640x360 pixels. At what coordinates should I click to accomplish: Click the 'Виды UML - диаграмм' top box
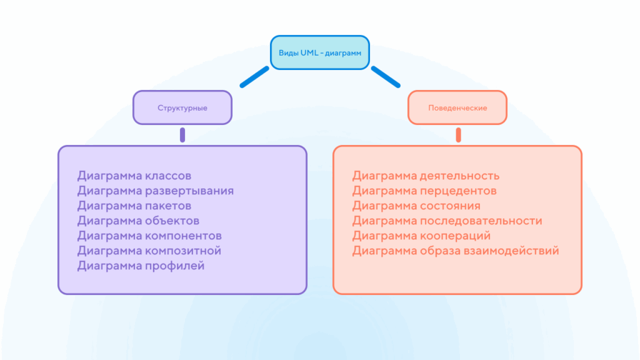[x=319, y=52]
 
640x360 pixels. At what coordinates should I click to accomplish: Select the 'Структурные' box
[x=182, y=107]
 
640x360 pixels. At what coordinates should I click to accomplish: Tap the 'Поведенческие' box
[x=457, y=107]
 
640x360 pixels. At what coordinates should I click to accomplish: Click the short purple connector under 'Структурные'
[x=182, y=135]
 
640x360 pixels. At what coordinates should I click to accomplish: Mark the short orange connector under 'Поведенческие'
[x=458, y=135]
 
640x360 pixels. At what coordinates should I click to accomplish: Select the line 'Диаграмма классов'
[x=134, y=176]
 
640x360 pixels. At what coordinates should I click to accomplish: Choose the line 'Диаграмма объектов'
[x=138, y=221]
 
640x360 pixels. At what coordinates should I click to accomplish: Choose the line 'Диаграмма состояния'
[x=416, y=206]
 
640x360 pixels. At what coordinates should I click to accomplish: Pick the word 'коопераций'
[x=454, y=236]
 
